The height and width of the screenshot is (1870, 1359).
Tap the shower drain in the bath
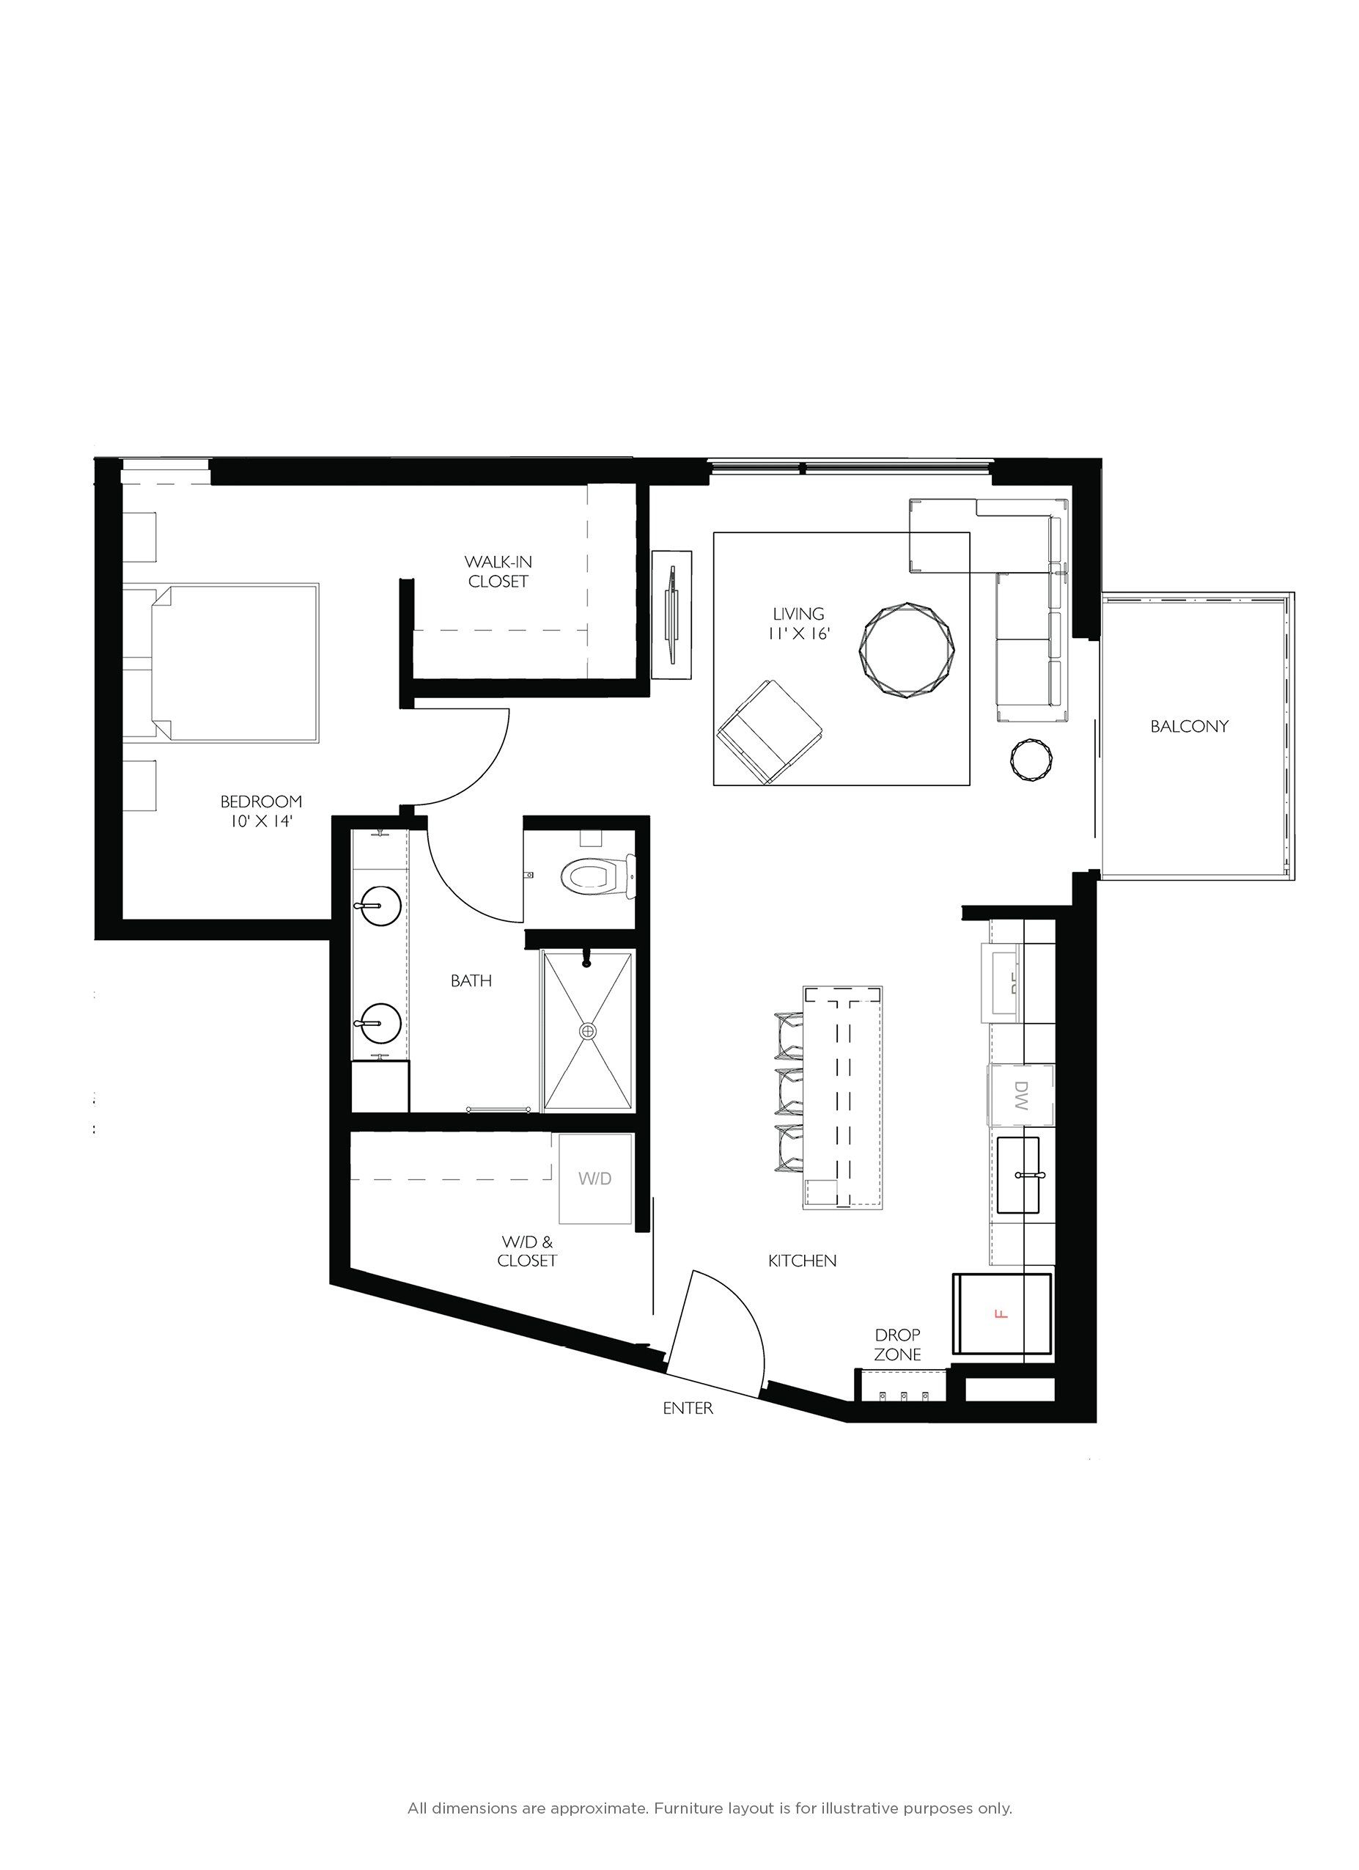click(588, 1030)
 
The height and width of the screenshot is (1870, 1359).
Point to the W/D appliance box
click(595, 1178)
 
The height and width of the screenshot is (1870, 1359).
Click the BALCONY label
click(1188, 727)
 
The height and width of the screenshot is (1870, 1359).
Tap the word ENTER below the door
click(688, 1408)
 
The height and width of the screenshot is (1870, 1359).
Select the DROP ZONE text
click(897, 1344)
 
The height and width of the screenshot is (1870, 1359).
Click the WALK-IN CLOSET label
click(498, 571)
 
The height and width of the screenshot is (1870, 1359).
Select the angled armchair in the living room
click(769, 731)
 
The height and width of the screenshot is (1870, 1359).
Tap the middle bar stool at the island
click(789, 1089)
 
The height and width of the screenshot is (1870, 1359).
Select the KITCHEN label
click(802, 1261)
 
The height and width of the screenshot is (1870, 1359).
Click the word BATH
click(471, 980)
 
